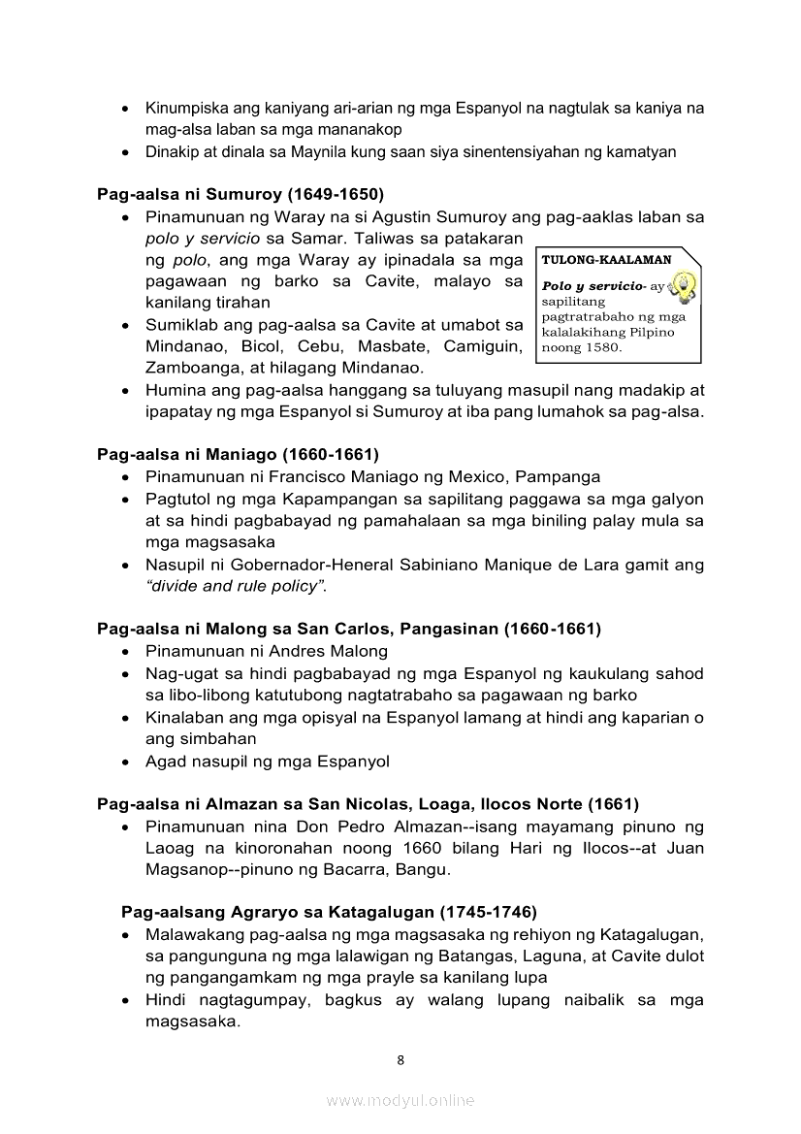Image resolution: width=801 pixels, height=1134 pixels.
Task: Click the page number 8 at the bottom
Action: [x=400, y=1059]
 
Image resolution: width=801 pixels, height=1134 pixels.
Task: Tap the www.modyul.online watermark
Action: [x=400, y=1100]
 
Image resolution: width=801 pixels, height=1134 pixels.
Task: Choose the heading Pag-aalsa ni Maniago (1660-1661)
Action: [x=238, y=454]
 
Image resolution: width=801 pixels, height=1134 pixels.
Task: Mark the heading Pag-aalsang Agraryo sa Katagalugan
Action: [x=329, y=912]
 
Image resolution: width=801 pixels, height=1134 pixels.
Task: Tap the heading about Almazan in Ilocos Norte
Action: [x=368, y=804]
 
